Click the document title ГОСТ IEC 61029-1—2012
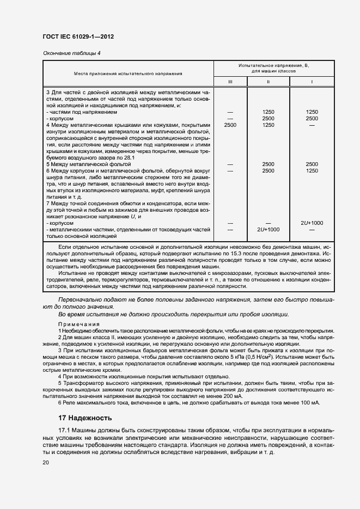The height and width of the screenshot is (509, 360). (78, 36)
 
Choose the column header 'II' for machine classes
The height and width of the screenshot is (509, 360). (267, 82)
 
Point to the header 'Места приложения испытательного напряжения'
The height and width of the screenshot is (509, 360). (128, 72)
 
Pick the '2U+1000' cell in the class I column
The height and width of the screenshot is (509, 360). (312, 223)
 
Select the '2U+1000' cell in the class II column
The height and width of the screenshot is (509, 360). (267, 230)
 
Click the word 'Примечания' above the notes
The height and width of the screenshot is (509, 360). (75, 323)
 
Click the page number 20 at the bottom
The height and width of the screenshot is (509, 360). (46, 462)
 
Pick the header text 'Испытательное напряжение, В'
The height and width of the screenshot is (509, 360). (273, 65)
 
